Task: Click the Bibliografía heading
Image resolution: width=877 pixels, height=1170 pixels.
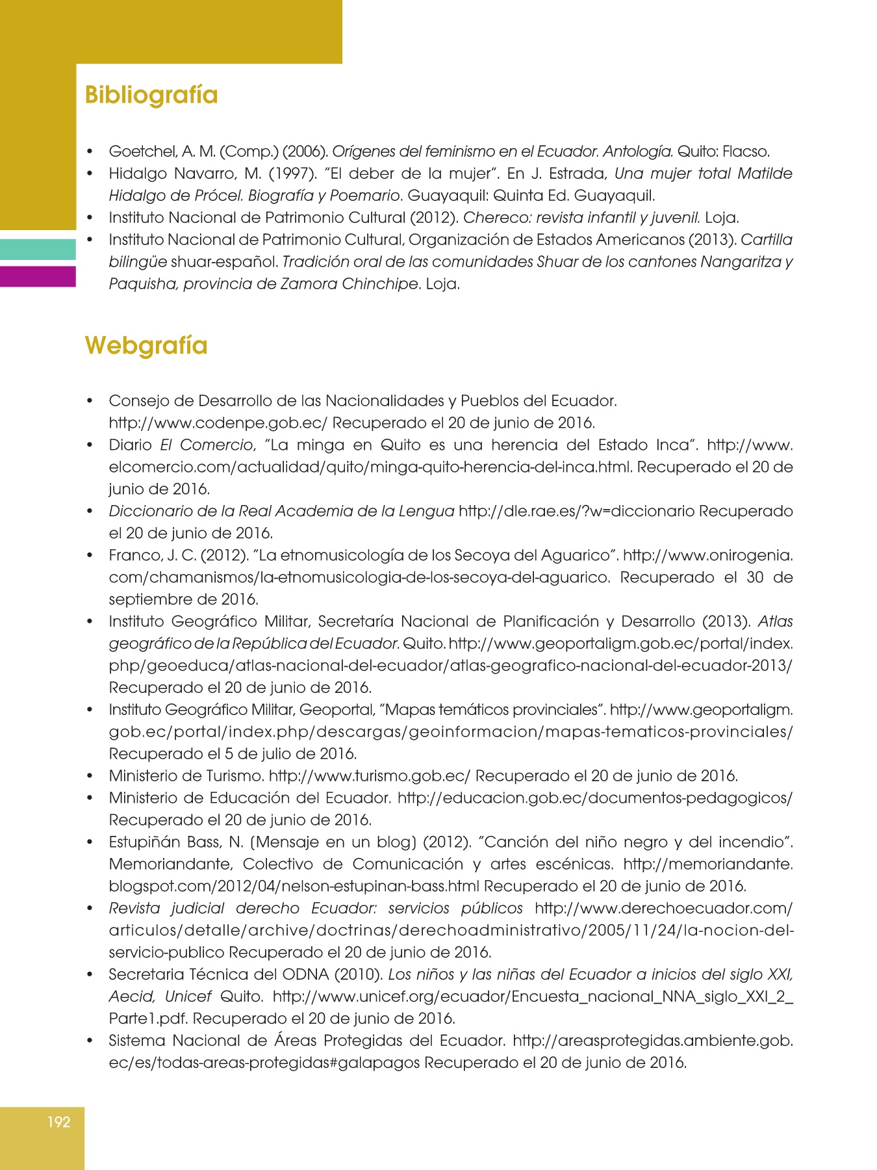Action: (151, 95)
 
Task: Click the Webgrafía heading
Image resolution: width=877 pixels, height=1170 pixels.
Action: (146, 345)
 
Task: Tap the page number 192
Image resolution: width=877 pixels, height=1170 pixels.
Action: (58, 1122)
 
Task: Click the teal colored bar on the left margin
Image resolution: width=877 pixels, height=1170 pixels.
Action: (38, 250)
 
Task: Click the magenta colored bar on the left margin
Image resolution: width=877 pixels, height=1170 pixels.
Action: (38, 276)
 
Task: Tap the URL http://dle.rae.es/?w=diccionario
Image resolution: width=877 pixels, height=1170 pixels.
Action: (576, 512)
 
